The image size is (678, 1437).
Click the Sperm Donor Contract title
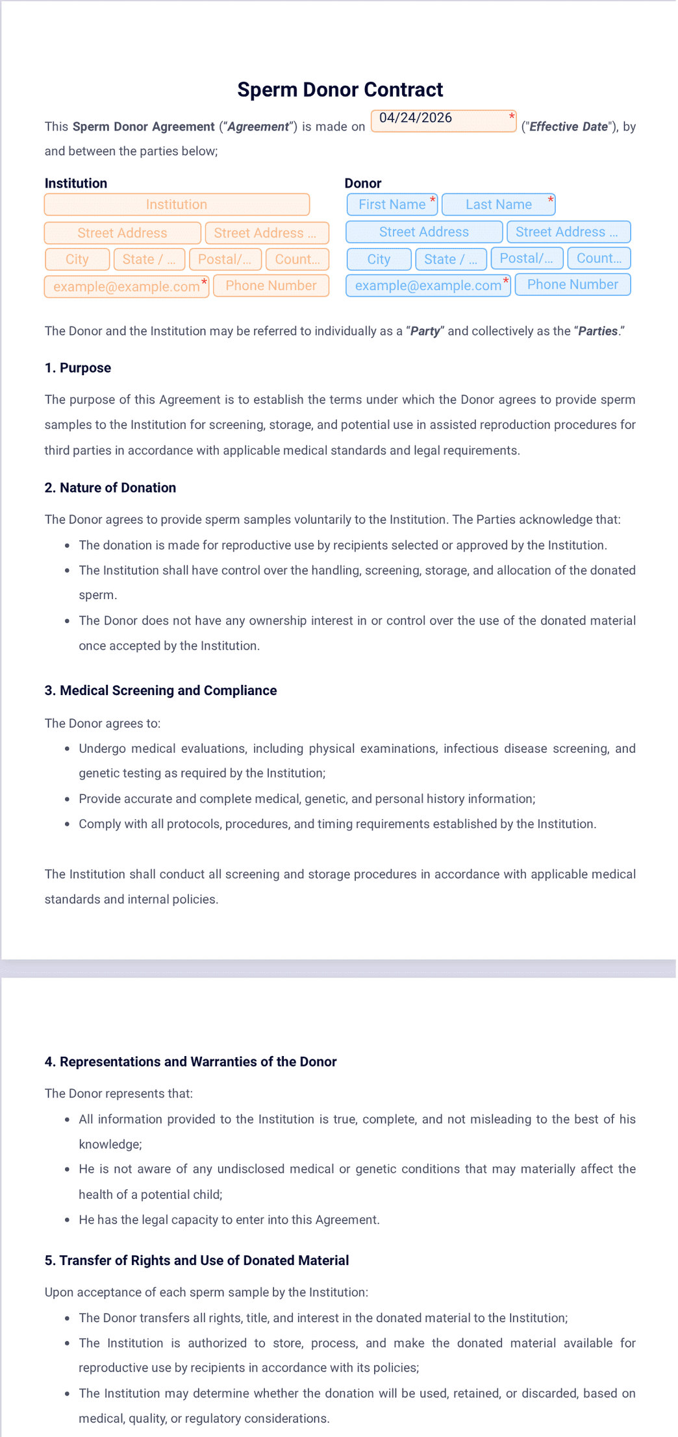point(340,90)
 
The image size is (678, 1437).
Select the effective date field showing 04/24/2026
point(443,121)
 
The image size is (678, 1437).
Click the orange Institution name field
point(177,204)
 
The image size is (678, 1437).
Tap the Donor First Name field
point(392,204)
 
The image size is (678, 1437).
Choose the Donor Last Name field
point(498,204)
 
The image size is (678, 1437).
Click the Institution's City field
point(77,259)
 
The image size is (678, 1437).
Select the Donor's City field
point(379,259)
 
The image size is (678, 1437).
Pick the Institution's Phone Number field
point(271,286)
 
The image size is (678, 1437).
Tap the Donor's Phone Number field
point(572,284)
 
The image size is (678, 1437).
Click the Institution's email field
point(127,286)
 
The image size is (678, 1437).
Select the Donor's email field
point(428,285)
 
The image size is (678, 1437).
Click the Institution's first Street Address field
point(122,233)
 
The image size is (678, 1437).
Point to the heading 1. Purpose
point(78,368)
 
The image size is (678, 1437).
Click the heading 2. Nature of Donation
point(110,487)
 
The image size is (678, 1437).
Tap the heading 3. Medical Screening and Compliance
point(160,691)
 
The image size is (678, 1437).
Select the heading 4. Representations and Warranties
point(190,1062)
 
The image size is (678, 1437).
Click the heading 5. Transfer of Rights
point(197,1260)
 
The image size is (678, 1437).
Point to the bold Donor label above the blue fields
point(363,183)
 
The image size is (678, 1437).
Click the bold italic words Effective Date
point(568,127)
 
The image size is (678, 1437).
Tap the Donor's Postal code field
point(526,258)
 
